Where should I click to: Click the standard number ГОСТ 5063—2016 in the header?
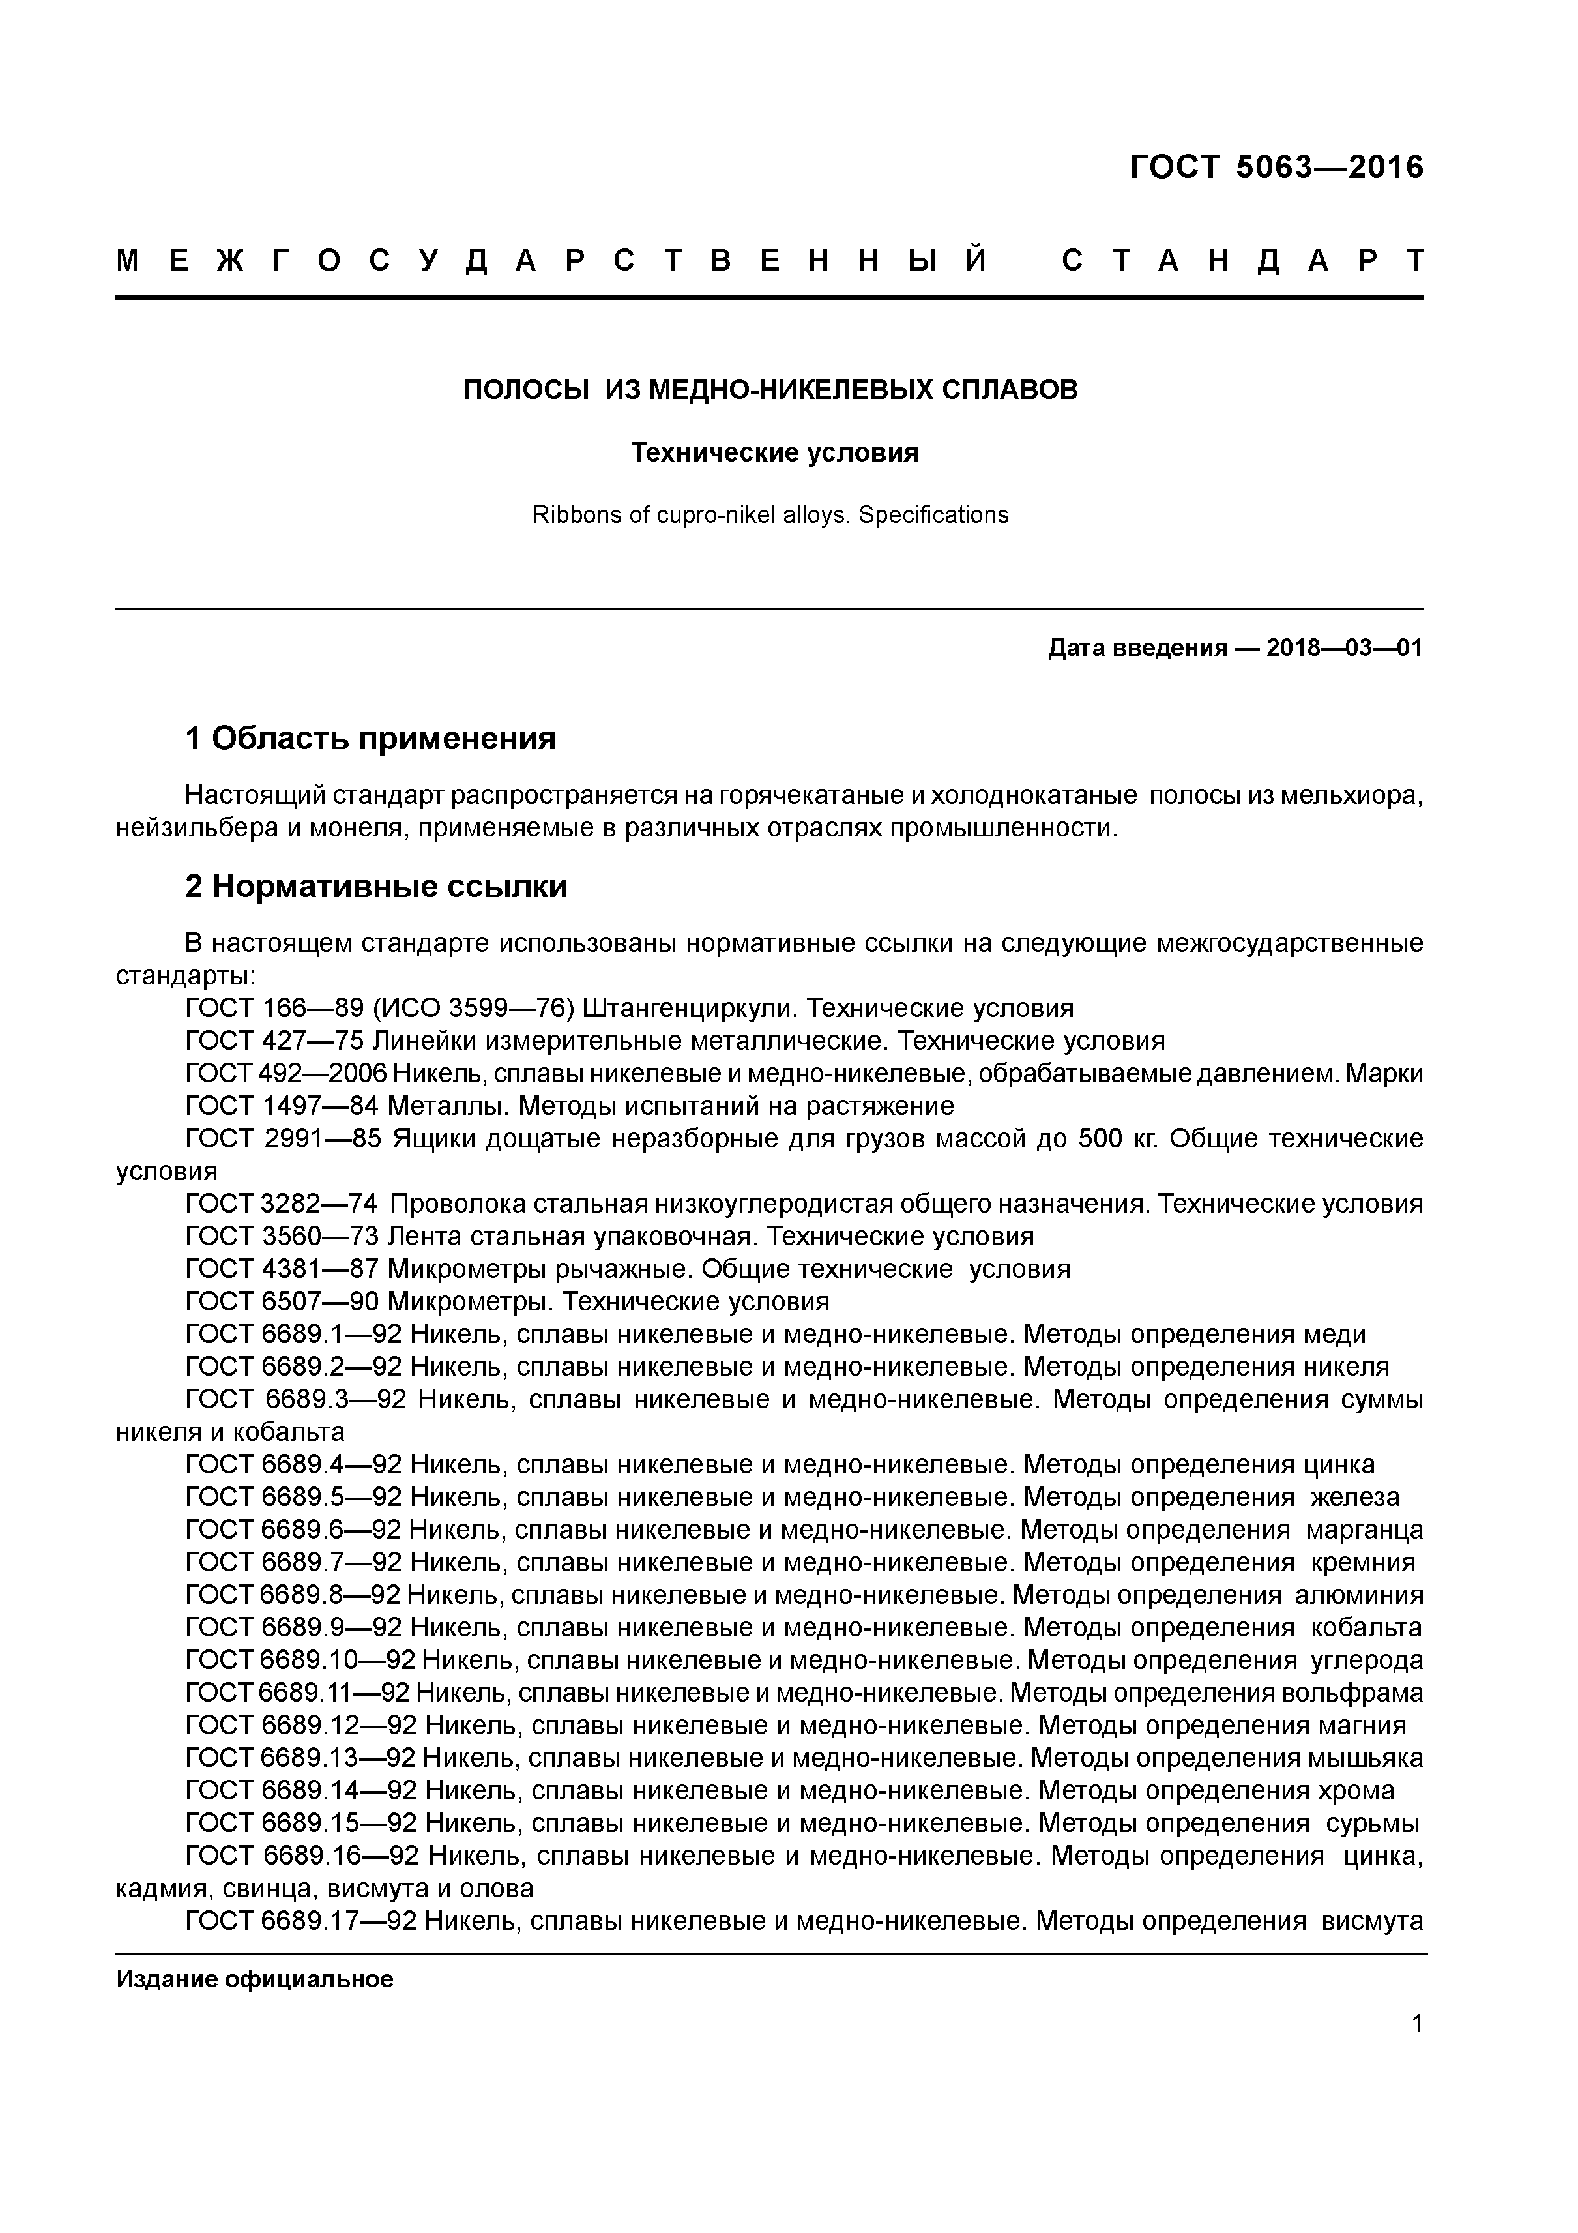[1276, 168]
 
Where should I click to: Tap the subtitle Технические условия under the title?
[775, 453]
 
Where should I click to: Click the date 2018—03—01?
[1344, 649]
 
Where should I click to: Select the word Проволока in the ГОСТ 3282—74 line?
[455, 1204]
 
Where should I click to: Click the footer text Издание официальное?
[255, 1979]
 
